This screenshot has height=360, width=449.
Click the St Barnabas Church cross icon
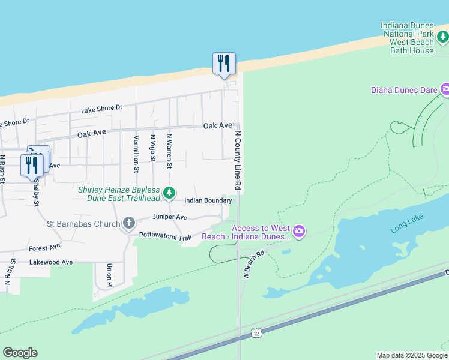[x=128, y=224]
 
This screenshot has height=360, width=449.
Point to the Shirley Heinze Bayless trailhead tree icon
[x=170, y=193]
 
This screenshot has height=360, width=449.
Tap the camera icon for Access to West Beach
[x=299, y=231]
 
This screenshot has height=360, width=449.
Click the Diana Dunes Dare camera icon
[x=445, y=90]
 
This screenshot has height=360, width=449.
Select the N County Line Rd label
[x=238, y=161]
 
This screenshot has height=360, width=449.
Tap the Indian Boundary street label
[x=208, y=200]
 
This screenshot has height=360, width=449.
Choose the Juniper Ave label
[x=170, y=217]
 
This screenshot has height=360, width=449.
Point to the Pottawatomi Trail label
[x=165, y=236]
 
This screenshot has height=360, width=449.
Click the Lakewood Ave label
[x=52, y=262]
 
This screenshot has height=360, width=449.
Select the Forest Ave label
[x=44, y=247]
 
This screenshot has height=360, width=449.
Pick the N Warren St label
[x=170, y=151]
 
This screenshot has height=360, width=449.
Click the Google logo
[x=20, y=353]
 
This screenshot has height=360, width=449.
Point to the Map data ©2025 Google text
[x=411, y=355]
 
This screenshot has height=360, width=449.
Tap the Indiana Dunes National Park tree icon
[x=443, y=38]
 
